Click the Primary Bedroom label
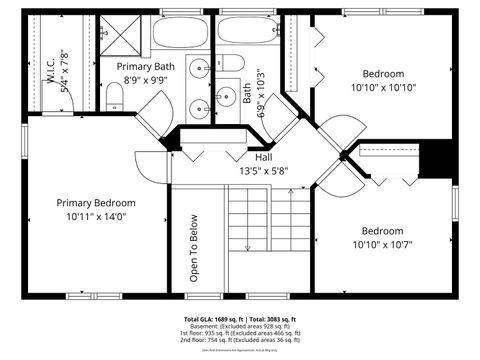click(96, 201)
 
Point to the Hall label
click(263, 157)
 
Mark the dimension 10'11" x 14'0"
click(96, 216)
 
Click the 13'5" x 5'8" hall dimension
click(263, 171)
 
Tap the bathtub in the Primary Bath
click(180, 32)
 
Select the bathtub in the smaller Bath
click(246, 32)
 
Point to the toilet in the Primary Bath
click(115, 97)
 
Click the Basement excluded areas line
click(240, 326)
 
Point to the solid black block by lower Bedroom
click(436, 159)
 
